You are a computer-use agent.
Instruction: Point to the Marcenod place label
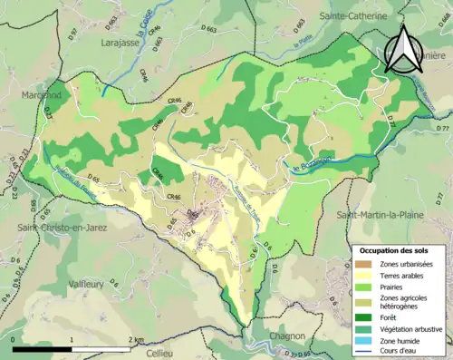[42, 94]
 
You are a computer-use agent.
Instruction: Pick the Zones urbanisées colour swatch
[365, 263]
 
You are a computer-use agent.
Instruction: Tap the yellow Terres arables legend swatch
[365, 275]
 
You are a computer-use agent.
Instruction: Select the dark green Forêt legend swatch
[365, 316]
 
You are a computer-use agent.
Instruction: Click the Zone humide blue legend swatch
[365, 340]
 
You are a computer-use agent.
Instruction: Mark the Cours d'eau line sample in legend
[365, 351]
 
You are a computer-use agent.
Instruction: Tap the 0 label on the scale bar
[14, 340]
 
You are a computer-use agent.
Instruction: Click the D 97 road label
[73, 34]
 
